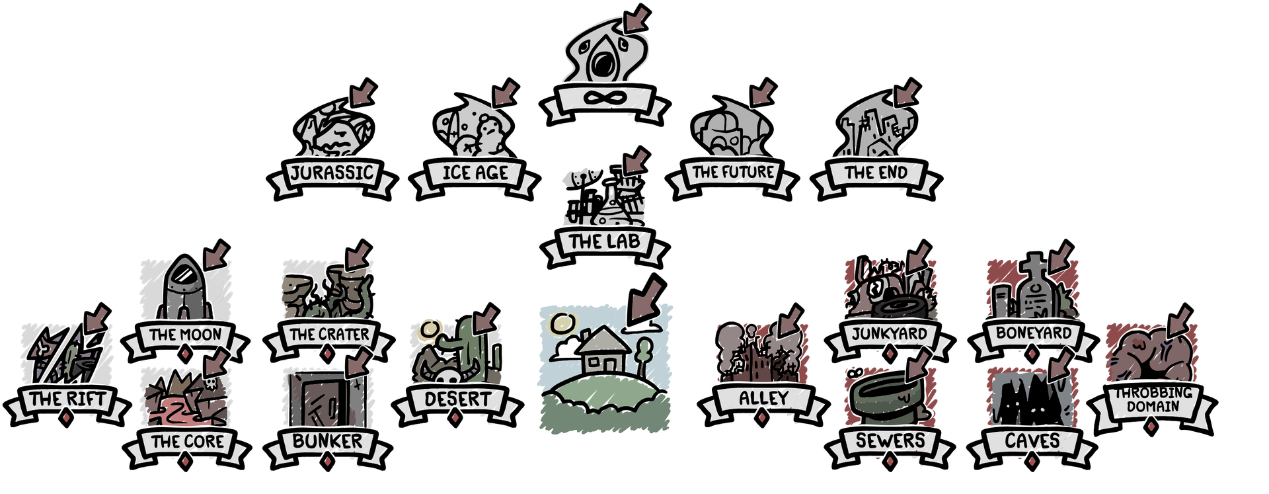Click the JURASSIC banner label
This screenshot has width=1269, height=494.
[333, 174]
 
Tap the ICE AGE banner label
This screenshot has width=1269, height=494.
[474, 174]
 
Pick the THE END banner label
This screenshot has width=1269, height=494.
[876, 173]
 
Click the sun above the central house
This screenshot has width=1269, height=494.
[563, 323]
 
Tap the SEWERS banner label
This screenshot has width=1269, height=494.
[890, 440]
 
